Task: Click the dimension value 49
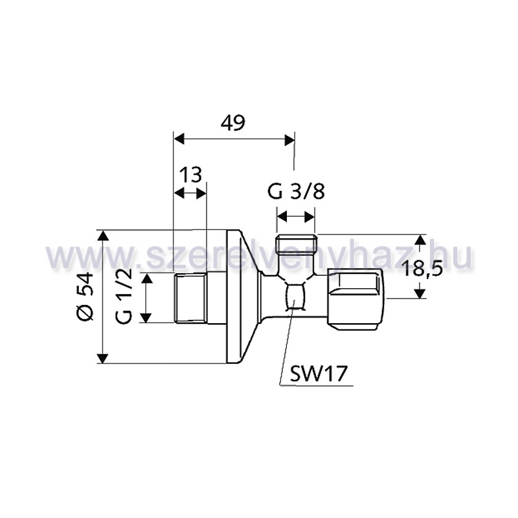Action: (233, 123)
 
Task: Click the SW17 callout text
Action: (318, 374)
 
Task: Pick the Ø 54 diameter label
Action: (85, 296)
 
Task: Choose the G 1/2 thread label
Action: (124, 296)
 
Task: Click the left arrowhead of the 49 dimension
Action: (179, 139)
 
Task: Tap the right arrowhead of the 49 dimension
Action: (289, 139)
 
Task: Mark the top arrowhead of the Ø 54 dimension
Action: (104, 235)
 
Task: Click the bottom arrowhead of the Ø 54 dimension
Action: (104, 359)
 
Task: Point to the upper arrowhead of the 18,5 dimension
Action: (420, 240)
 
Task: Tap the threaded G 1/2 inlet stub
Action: (190, 297)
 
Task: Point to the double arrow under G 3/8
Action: (296, 217)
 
